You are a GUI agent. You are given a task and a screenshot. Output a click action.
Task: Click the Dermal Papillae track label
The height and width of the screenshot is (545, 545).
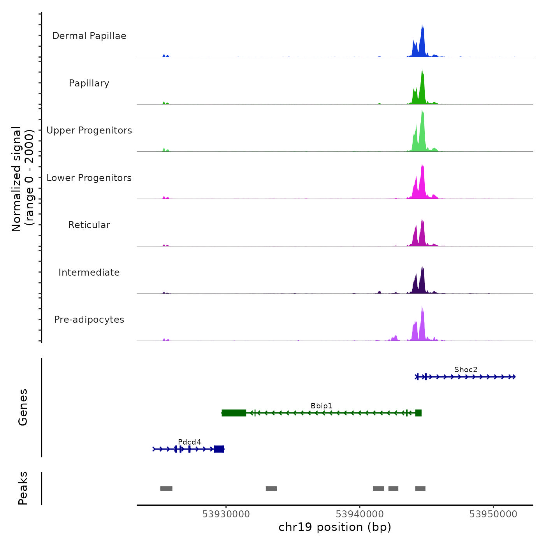(x=89, y=36)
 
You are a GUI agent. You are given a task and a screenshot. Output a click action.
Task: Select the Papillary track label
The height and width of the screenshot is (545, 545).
(x=89, y=83)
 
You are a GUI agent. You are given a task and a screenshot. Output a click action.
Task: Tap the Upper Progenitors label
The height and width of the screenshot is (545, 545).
(x=89, y=130)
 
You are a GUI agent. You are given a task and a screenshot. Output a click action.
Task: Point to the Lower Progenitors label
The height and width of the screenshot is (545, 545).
(x=89, y=178)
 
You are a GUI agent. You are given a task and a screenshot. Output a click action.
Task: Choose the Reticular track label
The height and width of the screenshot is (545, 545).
(x=89, y=225)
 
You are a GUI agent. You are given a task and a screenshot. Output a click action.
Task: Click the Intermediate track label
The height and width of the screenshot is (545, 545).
(x=89, y=272)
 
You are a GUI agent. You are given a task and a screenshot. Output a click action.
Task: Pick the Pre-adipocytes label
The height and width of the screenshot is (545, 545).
(x=89, y=320)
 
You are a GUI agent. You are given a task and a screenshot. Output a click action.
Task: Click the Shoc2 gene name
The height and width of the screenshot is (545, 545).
(x=466, y=369)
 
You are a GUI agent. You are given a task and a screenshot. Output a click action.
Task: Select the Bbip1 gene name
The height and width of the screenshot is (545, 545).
(x=322, y=406)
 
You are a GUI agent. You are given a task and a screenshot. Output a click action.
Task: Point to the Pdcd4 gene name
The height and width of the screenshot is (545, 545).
(x=190, y=442)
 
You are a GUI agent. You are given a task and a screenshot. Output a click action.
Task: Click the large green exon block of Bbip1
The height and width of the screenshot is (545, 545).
(x=234, y=413)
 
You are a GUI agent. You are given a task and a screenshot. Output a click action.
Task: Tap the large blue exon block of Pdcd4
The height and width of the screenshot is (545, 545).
(x=219, y=449)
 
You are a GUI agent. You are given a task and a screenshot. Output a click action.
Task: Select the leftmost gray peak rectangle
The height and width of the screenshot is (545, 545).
(x=166, y=489)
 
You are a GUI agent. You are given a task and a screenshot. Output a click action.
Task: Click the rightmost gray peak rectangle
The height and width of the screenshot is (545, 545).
(x=420, y=489)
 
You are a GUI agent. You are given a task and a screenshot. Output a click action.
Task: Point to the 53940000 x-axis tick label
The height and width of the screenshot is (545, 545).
(x=360, y=514)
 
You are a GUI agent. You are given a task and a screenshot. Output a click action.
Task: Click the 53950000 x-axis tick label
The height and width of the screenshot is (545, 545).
(x=493, y=514)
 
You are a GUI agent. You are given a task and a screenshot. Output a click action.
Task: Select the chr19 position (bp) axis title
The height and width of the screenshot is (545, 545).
(x=335, y=527)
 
